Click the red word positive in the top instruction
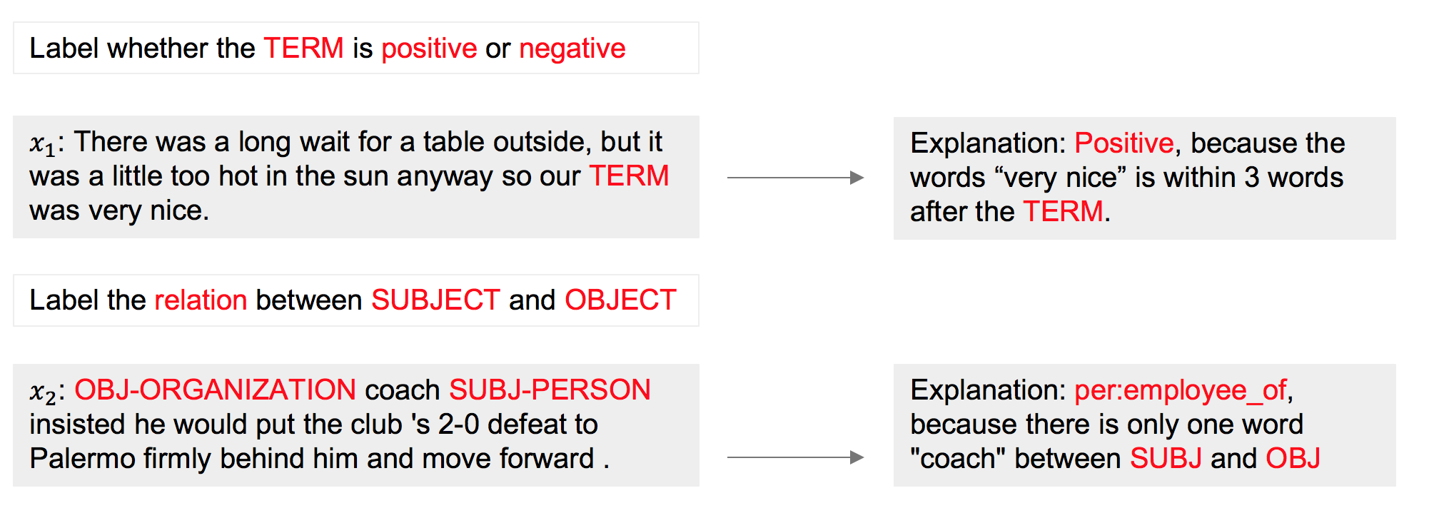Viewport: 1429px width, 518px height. pyautogui.click(x=429, y=49)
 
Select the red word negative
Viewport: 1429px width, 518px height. pyautogui.click(x=572, y=49)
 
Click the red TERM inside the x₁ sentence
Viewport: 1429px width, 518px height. pyautogui.click(x=629, y=176)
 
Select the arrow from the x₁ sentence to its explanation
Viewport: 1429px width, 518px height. pyautogui.click(x=795, y=178)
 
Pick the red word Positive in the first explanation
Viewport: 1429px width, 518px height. pyautogui.click(x=1124, y=143)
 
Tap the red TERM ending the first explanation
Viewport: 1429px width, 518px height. pyautogui.click(x=1064, y=212)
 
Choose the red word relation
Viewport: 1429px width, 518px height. pyautogui.click(x=201, y=300)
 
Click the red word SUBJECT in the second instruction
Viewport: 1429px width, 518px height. pyautogui.click(x=435, y=300)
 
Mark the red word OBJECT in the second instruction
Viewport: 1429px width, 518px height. pyautogui.click(x=620, y=300)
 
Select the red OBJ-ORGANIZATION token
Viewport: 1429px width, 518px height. pyautogui.click(x=215, y=390)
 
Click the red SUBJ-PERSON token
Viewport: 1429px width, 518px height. pyautogui.click(x=550, y=390)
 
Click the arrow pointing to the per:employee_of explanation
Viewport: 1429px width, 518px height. pyautogui.click(x=795, y=457)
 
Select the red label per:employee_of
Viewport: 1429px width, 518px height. pyautogui.click(x=1181, y=391)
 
